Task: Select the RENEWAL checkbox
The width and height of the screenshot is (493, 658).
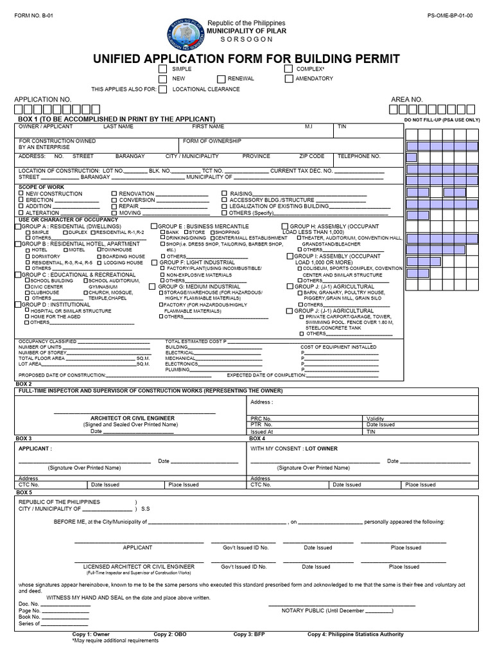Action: [220, 79]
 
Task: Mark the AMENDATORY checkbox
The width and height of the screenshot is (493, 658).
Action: [290, 79]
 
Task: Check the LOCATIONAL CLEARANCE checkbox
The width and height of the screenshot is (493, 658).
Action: [162, 89]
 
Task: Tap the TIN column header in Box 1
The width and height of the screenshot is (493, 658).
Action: [342, 127]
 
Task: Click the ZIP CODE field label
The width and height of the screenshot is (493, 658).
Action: [311, 156]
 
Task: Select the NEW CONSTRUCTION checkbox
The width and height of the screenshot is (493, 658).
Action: [21, 193]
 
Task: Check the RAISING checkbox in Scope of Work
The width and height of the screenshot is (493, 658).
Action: [224, 193]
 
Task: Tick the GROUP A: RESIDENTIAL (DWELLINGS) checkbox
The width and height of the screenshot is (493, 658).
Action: [20, 227]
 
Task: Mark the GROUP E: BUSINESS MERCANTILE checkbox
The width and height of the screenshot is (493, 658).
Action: [153, 227]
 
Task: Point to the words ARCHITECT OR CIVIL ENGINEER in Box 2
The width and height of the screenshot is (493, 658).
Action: [132, 418]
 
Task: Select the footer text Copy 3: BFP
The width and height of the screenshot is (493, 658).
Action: [250, 634]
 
